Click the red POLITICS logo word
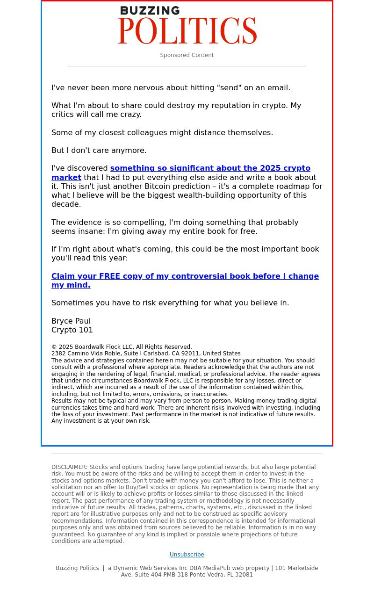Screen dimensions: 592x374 (x=187, y=31)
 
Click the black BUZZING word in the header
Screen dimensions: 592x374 (x=143, y=11)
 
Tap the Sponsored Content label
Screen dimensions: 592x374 (x=187, y=55)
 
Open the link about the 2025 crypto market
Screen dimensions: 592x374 (x=210, y=168)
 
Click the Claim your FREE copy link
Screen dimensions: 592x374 (x=185, y=276)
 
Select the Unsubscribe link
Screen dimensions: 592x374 (x=187, y=555)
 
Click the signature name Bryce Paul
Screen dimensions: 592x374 (x=71, y=321)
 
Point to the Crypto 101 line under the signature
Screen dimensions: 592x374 (x=72, y=330)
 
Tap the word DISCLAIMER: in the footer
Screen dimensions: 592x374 (x=69, y=467)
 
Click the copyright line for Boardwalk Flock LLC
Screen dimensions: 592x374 (x=122, y=347)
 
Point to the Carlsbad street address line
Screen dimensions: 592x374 (x=146, y=354)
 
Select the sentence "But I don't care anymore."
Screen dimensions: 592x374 (x=99, y=151)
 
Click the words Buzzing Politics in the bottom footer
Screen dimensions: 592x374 (x=77, y=568)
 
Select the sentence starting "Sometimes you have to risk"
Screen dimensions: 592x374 (x=170, y=303)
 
